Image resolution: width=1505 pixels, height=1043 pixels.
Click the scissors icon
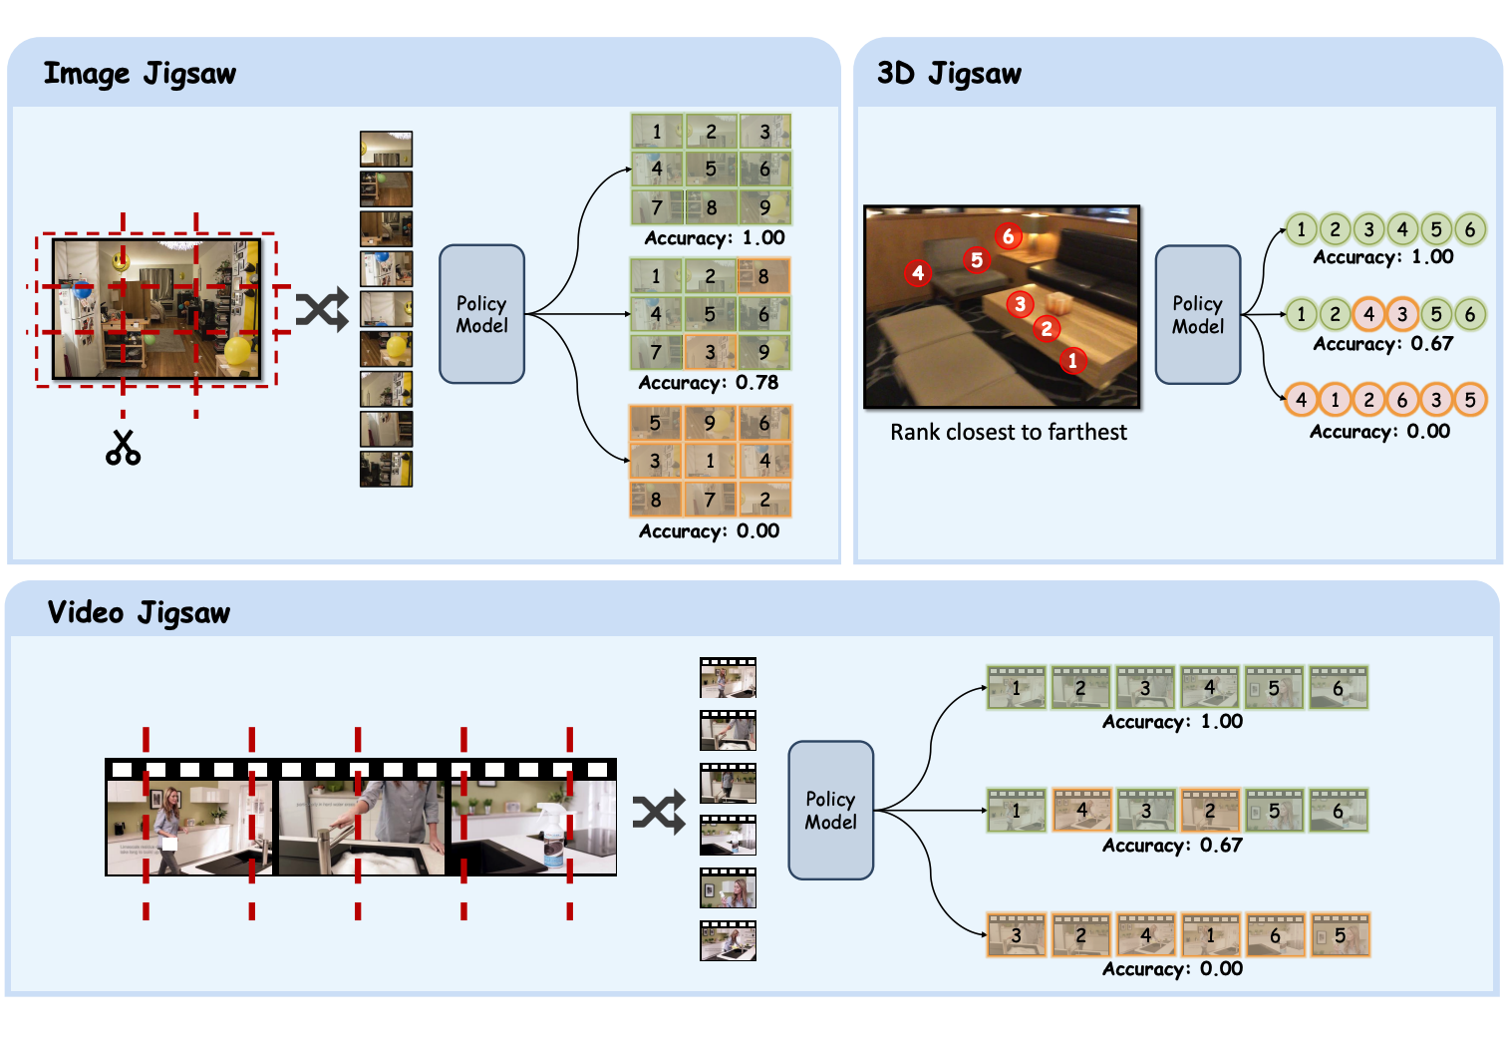click(x=123, y=448)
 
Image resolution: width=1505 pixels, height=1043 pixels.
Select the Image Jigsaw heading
click(x=140, y=74)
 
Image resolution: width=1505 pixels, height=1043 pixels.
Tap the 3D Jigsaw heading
click(x=949, y=74)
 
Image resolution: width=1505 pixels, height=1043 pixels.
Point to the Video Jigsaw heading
click(x=139, y=612)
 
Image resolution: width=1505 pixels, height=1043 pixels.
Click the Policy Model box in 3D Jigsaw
click(x=1197, y=315)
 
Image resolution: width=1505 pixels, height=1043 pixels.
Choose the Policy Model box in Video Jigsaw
click(x=830, y=810)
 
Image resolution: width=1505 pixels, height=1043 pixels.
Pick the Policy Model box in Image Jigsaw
click(x=481, y=314)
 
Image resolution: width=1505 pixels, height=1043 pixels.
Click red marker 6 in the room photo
click(x=1008, y=236)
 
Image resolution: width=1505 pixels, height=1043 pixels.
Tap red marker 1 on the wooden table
click(x=1072, y=360)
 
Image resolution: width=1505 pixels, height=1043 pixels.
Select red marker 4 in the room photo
click(x=918, y=272)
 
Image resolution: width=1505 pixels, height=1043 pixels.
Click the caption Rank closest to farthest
click(x=1008, y=432)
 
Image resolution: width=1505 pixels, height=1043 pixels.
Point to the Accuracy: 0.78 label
click(x=708, y=383)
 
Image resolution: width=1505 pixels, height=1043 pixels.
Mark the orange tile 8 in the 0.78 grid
click(x=763, y=276)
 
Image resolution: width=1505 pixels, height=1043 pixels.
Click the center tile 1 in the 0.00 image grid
click(x=710, y=461)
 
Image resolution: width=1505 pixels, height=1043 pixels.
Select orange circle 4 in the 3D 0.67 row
click(x=1368, y=314)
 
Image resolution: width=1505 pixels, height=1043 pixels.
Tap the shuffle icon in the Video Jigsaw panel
click(x=659, y=812)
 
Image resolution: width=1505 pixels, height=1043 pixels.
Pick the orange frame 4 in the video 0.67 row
click(x=1081, y=811)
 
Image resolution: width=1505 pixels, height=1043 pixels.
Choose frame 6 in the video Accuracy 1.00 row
click(x=1338, y=688)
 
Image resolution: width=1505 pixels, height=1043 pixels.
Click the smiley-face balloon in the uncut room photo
click(x=121, y=261)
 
